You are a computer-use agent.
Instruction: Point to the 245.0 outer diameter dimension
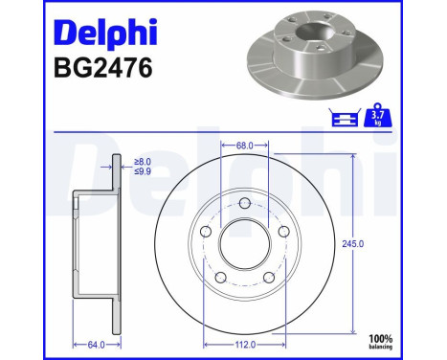tap(354, 244)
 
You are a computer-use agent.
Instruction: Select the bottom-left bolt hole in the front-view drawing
tap(219, 277)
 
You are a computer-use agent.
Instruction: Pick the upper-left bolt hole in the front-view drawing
tap(205, 232)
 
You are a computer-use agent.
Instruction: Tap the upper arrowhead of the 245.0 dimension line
tap(354, 157)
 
